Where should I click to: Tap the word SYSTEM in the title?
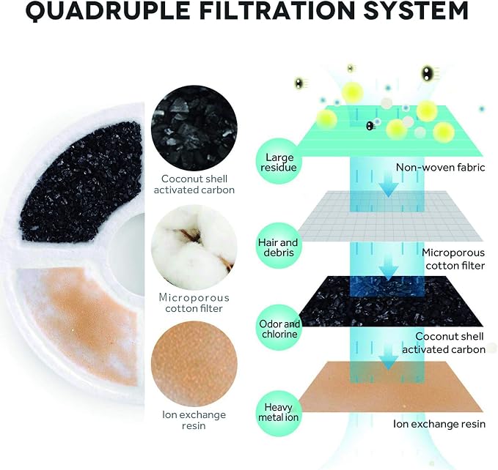(416, 10)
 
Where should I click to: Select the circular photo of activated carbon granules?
(194, 127)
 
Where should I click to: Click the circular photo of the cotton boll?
(194, 247)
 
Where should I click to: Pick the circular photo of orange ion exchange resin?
(194, 365)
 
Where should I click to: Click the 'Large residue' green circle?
(279, 163)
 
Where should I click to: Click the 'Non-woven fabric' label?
(441, 168)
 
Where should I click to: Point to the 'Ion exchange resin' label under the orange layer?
(439, 424)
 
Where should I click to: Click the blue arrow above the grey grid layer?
(389, 184)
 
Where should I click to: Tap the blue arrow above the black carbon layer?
(389, 268)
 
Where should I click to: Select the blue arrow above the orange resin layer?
(389, 357)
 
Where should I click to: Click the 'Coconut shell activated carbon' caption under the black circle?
(194, 184)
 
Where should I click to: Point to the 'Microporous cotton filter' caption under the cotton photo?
(194, 302)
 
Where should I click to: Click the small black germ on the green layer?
(370, 126)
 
